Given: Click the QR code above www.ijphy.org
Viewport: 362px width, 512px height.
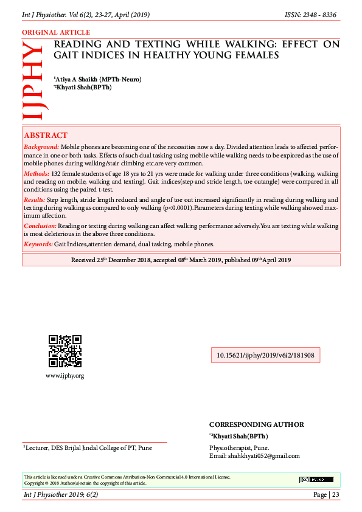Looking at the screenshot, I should (x=64, y=351).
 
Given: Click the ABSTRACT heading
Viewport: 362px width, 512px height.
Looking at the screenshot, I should (x=46, y=135).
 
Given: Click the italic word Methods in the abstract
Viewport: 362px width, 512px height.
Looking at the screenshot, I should (x=37, y=173).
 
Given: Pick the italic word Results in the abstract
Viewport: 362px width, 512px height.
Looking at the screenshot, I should (x=35, y=199).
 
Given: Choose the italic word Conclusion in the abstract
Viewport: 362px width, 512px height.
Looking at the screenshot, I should (x=40, y=226).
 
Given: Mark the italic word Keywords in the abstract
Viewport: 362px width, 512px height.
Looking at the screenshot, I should (x=38, y=244).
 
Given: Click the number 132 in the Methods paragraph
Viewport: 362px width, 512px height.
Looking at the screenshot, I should (x=57, y=173).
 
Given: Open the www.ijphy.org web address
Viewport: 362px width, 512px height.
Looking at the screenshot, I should (x=64, y=376).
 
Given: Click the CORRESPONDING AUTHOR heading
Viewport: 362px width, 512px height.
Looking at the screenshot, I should (x=256, y=424).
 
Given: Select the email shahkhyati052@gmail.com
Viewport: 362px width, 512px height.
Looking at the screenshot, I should (x=263, y=456).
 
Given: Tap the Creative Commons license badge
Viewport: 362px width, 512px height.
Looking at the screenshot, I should (x=316, y=480).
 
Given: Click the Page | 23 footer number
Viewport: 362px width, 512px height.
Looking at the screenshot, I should (x=326, y=494).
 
